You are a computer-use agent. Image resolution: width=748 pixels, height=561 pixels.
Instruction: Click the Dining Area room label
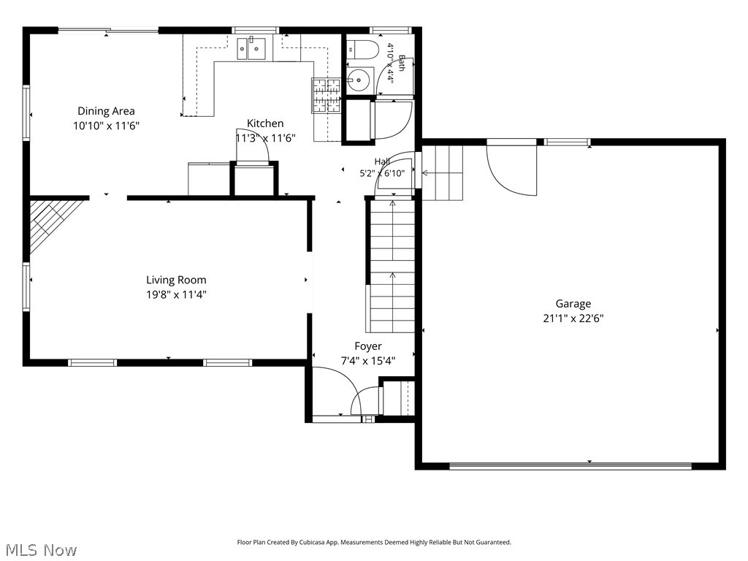[106, 111]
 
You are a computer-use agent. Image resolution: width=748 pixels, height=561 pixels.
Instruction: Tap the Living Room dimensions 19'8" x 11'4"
[176, 295]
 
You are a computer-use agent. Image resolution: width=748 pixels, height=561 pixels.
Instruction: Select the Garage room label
[573, 304]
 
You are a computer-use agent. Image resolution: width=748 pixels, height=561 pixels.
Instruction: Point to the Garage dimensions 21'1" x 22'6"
[573, 318]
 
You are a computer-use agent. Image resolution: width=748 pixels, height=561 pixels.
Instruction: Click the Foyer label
[368, 346]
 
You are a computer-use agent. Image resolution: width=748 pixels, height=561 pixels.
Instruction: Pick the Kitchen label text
[265, 123]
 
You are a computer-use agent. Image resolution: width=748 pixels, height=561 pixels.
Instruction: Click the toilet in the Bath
[362, 49]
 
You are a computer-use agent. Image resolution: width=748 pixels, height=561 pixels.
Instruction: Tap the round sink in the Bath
[359, 80]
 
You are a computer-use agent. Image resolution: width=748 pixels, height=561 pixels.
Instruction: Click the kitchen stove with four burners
[327, 96]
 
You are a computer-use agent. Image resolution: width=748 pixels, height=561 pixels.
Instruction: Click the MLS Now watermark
[39, 550]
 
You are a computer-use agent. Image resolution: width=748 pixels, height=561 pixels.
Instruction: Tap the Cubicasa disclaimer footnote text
[374, 543]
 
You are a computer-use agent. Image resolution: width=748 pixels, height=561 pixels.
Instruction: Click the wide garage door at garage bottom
[570, 466]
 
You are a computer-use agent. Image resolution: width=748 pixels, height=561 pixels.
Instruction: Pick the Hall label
[382, 161]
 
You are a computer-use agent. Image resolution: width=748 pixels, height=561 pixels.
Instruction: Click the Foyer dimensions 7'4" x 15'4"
[368, 361]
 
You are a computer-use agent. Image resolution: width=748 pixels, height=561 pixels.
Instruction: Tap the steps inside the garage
[442, 173]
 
